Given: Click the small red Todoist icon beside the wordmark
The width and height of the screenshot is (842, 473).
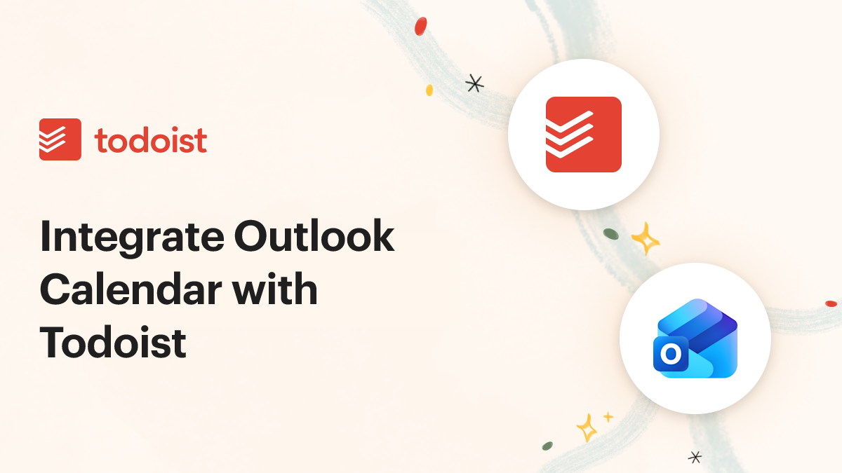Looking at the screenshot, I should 60,139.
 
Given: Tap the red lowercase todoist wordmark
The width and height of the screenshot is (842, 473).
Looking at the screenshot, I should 151,140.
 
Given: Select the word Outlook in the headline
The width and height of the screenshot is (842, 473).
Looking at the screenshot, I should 314,238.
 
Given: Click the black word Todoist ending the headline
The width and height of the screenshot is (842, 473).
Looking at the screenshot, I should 113,343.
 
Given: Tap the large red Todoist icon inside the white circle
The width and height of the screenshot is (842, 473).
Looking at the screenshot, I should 584,135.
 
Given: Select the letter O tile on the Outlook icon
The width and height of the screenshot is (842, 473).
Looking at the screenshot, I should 670,355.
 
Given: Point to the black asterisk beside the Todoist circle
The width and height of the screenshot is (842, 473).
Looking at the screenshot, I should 475,84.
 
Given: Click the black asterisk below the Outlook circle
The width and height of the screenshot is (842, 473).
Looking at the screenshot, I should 695,457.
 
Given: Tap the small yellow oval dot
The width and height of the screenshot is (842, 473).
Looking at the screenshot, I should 429,90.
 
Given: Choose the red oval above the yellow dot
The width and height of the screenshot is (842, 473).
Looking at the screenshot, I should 420,27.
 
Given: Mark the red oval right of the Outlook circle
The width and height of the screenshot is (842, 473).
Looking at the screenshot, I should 831,303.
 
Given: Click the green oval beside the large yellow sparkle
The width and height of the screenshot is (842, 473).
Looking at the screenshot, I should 611,233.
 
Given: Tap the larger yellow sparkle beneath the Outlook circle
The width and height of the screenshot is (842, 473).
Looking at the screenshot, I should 586,427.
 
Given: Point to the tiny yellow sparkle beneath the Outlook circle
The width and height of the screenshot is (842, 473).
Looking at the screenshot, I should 608,417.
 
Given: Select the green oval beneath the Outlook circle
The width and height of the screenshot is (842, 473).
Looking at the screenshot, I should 547,446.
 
